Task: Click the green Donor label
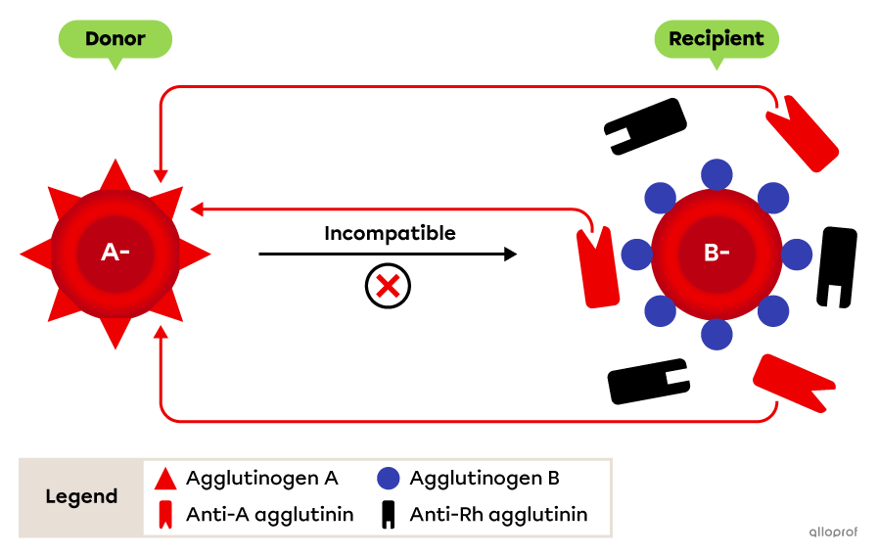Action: pyautogui.click(x=115, y=39)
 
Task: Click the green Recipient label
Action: pyautogui.click(x=716, y=39)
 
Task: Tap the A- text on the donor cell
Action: pyautogui.click(x=116, y=253)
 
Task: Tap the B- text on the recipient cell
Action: pyautogui.click(x=716, y=253)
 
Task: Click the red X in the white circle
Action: pyautogui.click(x=388, y=287)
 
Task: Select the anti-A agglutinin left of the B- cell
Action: pyautogui.click(x=597, y=269)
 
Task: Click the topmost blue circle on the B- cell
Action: pyautogui.click(x=716, y=174)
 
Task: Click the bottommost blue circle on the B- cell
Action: pyautogui.click(x=716, y=334)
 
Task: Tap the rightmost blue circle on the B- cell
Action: pyautogui.click(x=797, y=255)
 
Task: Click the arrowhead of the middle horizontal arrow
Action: pyautogui.click(x=196, y=209)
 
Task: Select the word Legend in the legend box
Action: pyautogui.click(x=81, y=496)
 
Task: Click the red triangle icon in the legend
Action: pyautogui.click(x=165, y=480)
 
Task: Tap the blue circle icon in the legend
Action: pyautogui.click(x=389, y=479)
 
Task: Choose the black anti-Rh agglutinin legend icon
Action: pyautogui.click(x=389, y=515)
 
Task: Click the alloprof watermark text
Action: pyautogui.click(x=833, y=533)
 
